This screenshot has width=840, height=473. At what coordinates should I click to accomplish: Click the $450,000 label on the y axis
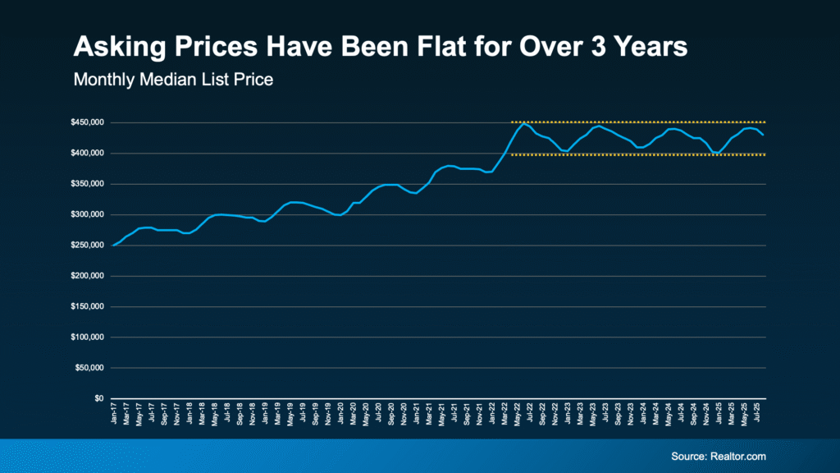pos(87,123)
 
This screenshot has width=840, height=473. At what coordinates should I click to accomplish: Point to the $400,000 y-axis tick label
pos(87,154)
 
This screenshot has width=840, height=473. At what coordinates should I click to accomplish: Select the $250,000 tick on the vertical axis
pos(87,246)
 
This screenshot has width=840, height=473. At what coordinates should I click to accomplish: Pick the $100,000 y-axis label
pos(87,338)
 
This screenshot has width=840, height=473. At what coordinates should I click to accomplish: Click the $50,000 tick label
pos(89,368)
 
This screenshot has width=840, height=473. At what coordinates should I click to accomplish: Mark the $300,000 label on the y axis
pos(87,215)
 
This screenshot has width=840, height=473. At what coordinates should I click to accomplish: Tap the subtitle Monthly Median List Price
pos(162,80)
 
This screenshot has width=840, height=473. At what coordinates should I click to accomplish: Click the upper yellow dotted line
pos(640,122)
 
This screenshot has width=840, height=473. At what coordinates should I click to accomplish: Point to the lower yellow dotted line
pos(640,154)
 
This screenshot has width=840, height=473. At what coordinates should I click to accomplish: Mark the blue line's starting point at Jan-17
pos(112,245)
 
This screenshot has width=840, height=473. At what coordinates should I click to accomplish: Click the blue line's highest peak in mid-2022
pos(524,124)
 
